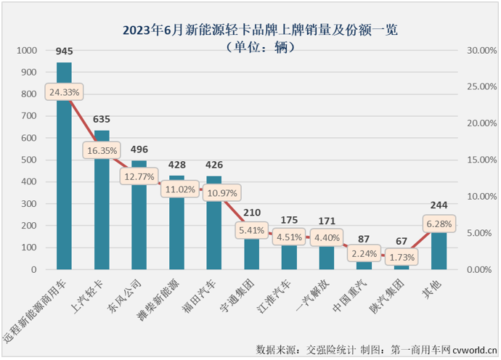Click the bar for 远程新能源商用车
[x=64, y=181]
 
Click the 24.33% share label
[x=65, y=92]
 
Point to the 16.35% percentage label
[x=102, y=150]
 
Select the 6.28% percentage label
[x=439, y=224]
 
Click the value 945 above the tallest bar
[x=64, y=52]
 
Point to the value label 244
[x=439, y=205]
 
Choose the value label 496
[x=139, y=150]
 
